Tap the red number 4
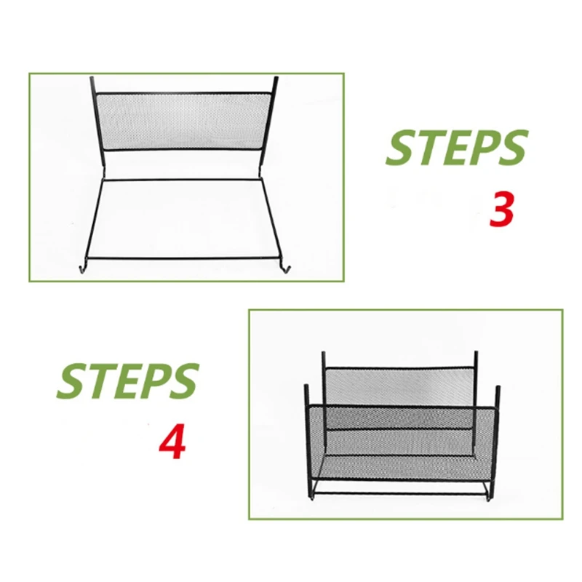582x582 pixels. click(x=172, y=442)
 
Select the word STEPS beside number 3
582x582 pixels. click(x=456, y=148)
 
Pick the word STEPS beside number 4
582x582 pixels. click(x=128, y=380)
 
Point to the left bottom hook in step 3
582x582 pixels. click(x=80, y=268)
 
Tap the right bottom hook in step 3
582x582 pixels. click(x=287, y=270)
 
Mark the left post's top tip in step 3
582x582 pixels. click(x=92, y=79)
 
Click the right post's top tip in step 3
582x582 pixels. click(x=276, y=78)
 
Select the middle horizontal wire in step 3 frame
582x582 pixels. click(x=182, y=180)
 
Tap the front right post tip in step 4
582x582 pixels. click(x=499, y=390)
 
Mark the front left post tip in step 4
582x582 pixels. click(x=306, y=385)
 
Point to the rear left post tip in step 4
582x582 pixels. click(x=324, y=354)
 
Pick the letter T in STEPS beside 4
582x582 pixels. click(x=95, y=380)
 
